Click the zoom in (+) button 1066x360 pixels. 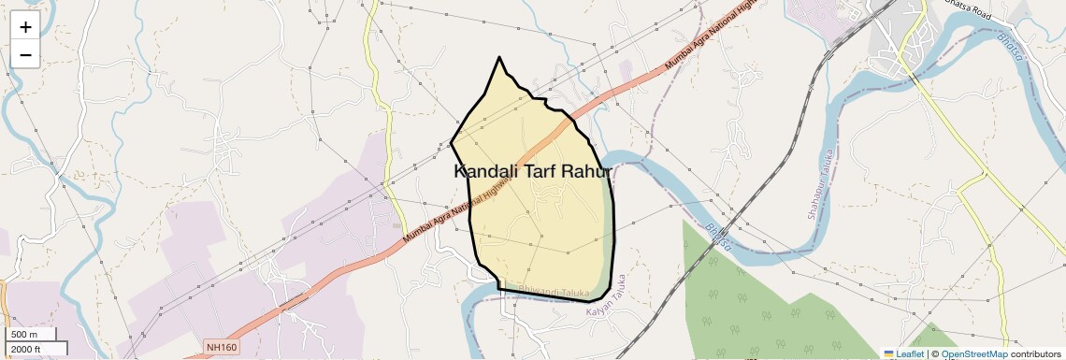25,27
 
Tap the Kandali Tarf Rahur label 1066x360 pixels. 532,172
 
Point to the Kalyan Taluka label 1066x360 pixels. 604,306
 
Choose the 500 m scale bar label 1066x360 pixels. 25,335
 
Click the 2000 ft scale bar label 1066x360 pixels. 27,349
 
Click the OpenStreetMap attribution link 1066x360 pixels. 973,353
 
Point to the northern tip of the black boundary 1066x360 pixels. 500,57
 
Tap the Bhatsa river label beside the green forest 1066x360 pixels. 718,237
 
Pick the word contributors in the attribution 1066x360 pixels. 1035,353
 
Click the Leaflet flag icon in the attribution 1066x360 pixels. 888,353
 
